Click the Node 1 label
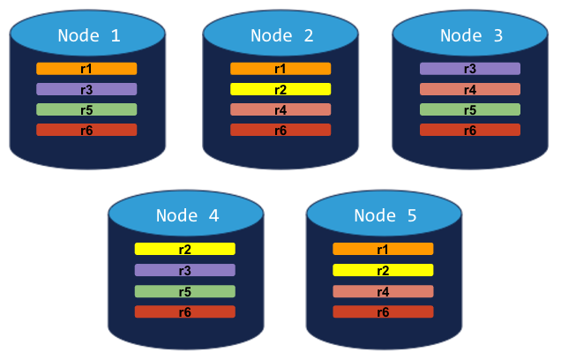tap(88, 36)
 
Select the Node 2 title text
tap(281, 36)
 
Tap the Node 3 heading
tap(471, 36)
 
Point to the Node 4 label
tap(186, 215)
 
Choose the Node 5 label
tap(384, 215)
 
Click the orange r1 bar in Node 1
tap(86, 69)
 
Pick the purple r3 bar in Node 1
tap(86, 89)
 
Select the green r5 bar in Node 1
tap(86, 109)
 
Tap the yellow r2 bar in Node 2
tap(280, 89)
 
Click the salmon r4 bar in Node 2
tap(280, 109)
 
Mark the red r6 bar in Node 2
tap(280, 130)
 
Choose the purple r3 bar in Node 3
tap(470, 69)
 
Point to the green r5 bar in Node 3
tap(470, 109)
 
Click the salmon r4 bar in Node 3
tap(470, 89)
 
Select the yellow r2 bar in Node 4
tap(185, 250)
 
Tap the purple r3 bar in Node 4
tap(185, 270)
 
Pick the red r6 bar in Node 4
tap(185, 311)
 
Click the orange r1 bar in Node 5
tap(383, 250)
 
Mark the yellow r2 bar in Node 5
tap(383, 270)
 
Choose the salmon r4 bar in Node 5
tap(383, 291)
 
